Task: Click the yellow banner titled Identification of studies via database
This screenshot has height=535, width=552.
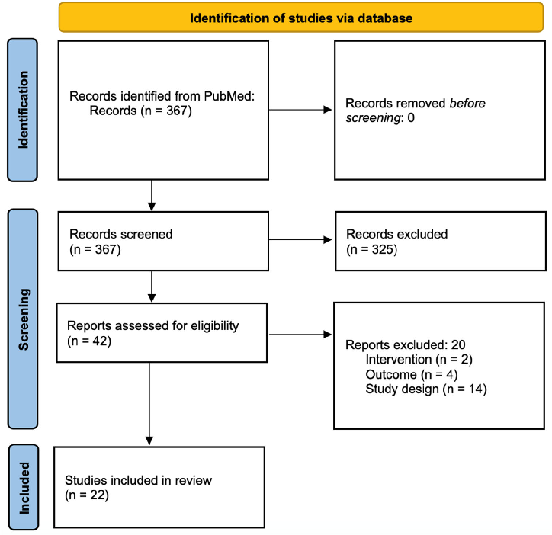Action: pos(301,18)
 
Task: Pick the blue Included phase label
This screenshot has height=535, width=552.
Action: pos(25,487)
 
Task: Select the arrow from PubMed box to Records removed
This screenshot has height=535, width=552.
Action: pos(300,111)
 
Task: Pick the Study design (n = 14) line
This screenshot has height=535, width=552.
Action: pos(425,389)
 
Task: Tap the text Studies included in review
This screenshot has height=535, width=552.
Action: pos(138,480)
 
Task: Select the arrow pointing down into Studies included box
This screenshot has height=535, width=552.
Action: pos(149,404)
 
